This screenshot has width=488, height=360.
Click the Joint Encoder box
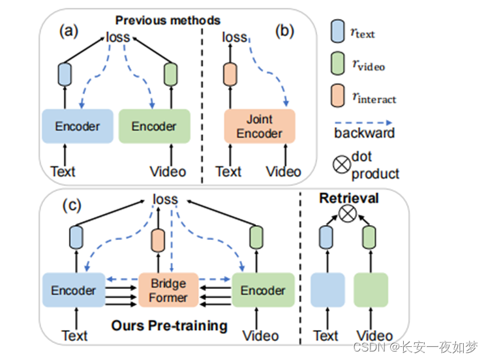click(260, 127)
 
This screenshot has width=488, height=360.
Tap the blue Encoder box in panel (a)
click(78, 127)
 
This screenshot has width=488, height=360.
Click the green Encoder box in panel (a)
click(154, 127)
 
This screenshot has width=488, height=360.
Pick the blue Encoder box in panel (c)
click(73, 290)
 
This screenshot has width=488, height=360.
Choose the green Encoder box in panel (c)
click(262, 290)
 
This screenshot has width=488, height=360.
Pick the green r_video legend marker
click(337, 65)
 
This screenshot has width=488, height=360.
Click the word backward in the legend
click(365, 133)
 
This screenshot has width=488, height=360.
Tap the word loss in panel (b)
click(235, 37)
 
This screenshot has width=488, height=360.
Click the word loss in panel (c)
click(164, 198)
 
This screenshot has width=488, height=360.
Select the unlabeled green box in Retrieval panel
click(371, 291)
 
